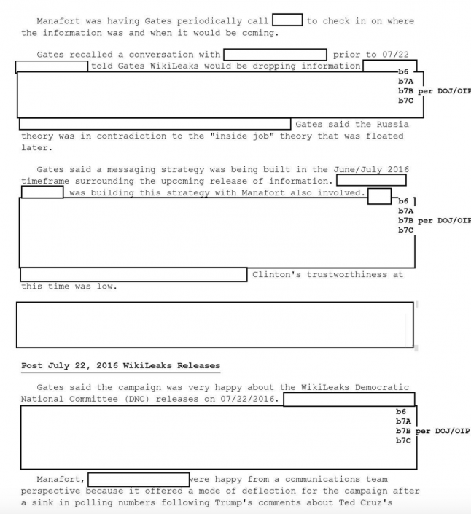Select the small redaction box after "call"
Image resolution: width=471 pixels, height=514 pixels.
pyautogui.click(x=287, y=20)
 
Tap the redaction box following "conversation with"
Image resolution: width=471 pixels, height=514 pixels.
pyautogui.click(x=275, y=55)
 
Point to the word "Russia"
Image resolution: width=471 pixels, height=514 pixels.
pyautogui.click(x=392, y=125)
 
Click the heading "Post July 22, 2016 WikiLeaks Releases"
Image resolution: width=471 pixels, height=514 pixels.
pyautogui.click(x=120, y=365)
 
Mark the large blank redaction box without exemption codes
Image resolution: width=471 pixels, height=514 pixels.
pyautogui.click(x=215, y=324)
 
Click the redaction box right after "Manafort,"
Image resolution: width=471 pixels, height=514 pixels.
pyautogui.click(x=138, y=480)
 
